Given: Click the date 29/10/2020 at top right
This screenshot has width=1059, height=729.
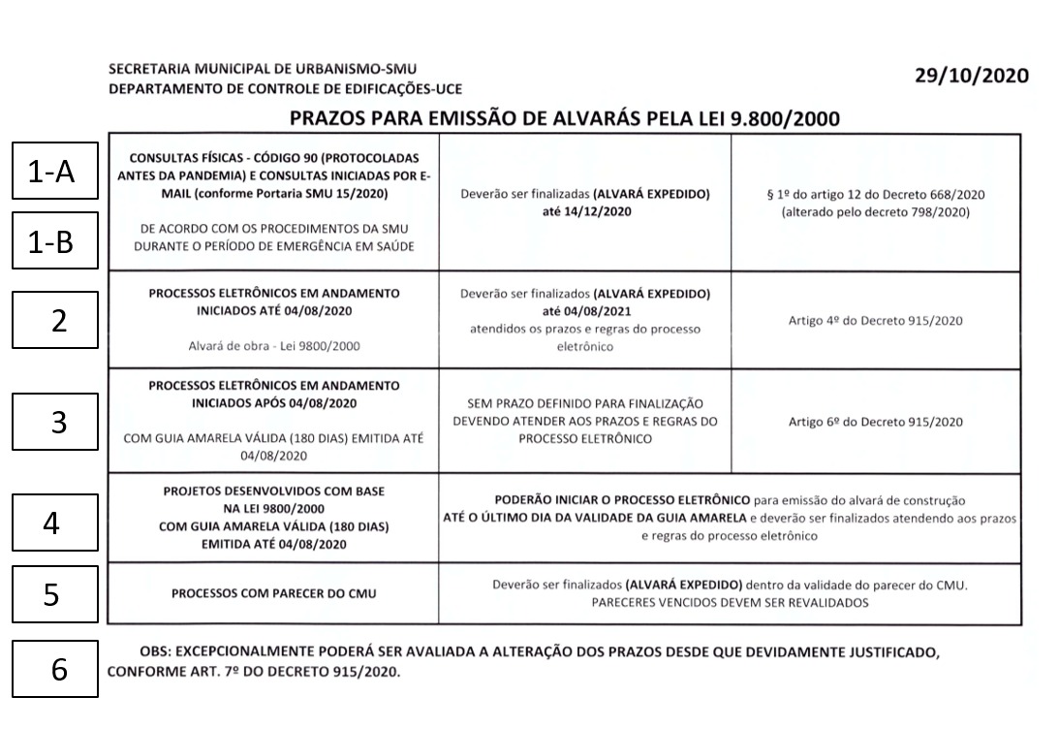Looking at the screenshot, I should click(971, 76).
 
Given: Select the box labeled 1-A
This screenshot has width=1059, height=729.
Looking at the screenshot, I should click(55, 172).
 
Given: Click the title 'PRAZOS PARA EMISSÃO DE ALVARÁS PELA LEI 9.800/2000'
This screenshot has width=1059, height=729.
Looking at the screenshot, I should click(564, 119).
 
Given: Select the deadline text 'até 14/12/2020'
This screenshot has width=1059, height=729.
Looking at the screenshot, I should click(586, 210).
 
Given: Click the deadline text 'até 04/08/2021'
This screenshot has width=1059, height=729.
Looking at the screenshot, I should click(586, 311).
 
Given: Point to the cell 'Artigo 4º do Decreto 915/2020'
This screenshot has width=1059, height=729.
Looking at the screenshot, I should click(876, 320).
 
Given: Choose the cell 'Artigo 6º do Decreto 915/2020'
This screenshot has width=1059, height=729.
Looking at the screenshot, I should click(876, 422).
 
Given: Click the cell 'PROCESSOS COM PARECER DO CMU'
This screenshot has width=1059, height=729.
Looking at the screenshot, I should click(273, 593).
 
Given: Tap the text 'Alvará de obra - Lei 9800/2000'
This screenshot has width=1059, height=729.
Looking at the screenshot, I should click(272, 343).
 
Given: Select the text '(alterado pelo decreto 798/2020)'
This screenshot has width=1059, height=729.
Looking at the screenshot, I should click(876, 210).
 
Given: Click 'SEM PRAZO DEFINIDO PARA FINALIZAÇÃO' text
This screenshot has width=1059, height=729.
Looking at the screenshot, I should click(585, 403).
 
